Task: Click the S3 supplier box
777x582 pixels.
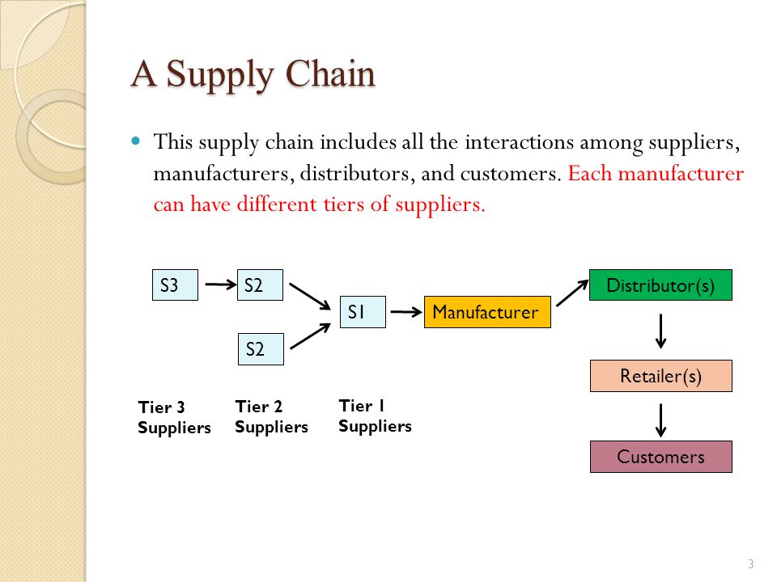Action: (x=175, y=285)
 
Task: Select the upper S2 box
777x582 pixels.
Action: (x=260, y=285)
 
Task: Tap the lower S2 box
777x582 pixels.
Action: (x=261, y=349)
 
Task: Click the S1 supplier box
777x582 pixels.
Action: (x=363, y=312)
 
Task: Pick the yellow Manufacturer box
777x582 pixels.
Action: (x=487, y=312)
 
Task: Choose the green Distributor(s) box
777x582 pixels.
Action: (x=660, y=285)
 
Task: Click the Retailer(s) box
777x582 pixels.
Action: (x=661, y=376)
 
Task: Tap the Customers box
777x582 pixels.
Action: (x=661, y=457)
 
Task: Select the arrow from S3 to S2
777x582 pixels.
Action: (x=220, y=285)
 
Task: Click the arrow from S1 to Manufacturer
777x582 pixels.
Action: (x=406, y=312)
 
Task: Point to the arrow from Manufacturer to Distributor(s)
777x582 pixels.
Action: (x=572, y=293)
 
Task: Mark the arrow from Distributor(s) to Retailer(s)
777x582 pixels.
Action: (x=660, y=331)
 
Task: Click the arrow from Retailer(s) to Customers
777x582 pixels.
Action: (x=660, y=420)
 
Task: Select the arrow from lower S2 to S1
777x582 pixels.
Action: (x=310, y=336)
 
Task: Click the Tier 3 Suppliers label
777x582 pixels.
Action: (x=175, y=417)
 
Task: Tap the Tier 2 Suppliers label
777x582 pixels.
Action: (x=272, y=417)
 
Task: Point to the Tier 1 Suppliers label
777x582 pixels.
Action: (x=375, y=415)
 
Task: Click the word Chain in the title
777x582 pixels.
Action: (x=330, y=74)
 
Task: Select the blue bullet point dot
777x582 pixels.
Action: (x=136, y=141)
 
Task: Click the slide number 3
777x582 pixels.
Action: (x=751, y=563)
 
